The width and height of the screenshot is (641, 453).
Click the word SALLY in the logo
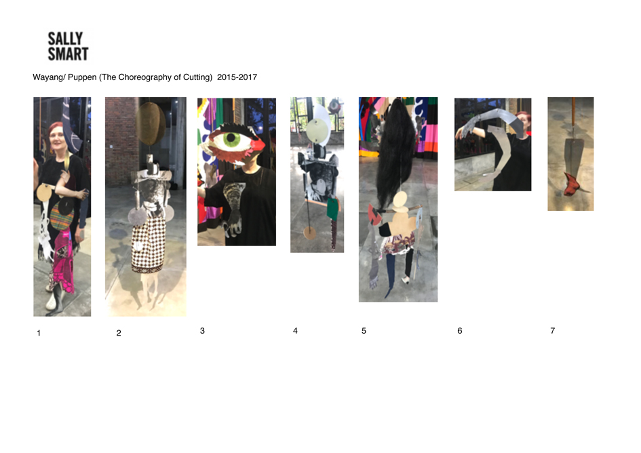click(65, 39)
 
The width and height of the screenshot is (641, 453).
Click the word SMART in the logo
click(69, 54)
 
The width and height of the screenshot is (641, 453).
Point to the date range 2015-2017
click(237, 77)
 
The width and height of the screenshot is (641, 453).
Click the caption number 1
click(39, 333)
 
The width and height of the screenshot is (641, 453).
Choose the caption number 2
click(119, 333)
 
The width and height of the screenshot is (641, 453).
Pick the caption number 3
click(202, 331)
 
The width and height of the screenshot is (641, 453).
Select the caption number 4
click(295, 331)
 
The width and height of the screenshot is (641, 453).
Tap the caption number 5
click(364, 331)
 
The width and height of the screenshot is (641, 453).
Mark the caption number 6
click(460, 331)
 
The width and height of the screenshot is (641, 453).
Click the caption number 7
click(553, 331)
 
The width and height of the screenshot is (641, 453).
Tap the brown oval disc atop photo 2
click(151, 123)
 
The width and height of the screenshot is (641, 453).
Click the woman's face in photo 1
click(56, 142)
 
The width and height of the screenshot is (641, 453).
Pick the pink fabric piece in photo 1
click(64, 261)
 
